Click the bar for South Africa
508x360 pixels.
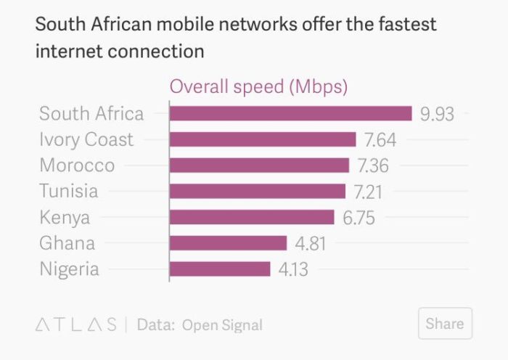(290, 113)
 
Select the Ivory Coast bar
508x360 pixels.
(263, 139)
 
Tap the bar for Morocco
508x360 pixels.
(259, 165)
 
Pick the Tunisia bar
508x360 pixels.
(258, 192)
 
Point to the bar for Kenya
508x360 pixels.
(252, 217)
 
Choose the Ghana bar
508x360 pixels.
(229, 243)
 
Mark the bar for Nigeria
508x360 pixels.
(220, 269)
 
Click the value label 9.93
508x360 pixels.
(438, 114)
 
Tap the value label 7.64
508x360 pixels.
(380, 139)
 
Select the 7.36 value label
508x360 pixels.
(373, 165)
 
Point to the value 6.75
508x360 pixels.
(359, 218)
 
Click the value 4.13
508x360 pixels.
(293, 270)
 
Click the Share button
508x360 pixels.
(445, 324)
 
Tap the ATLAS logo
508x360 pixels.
(76, 325)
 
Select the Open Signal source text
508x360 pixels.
(222, 325)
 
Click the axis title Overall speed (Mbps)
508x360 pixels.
(259, 87)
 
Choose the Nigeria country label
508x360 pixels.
(69, 269)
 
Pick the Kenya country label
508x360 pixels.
(65, 217)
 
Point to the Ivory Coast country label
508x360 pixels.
(86, 139)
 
